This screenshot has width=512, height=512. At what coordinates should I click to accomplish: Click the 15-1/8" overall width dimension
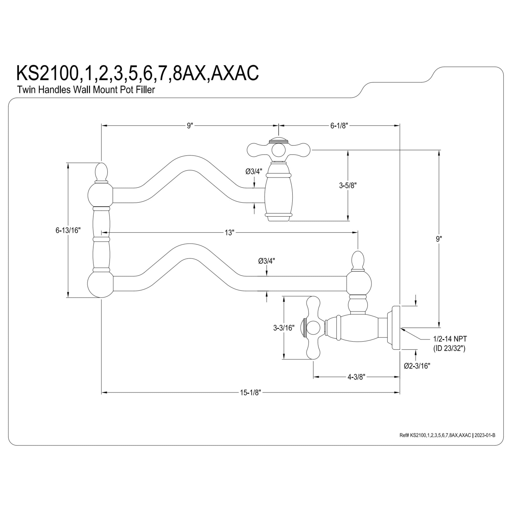[250, 393]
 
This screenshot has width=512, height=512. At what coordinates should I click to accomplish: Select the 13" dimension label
[229, 233]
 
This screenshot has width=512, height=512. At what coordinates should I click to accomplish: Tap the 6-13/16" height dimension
[68, 230]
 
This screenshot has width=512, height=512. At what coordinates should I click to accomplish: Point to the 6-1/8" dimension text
[339, 126]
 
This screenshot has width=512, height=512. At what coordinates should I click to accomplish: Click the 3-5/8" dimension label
[348, 186]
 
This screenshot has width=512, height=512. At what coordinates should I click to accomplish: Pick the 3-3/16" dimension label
[284, 328]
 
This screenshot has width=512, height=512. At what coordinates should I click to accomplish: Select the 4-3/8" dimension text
[356, 377]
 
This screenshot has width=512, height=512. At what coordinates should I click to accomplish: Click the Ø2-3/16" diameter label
[417, 366]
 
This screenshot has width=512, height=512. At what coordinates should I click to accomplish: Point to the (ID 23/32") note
[449, 348]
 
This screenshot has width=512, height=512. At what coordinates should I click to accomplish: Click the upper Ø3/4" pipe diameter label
[254, 172]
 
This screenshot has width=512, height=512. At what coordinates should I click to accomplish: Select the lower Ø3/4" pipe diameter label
[266, 261]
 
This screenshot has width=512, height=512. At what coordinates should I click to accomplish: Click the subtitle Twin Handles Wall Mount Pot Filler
[86, 90]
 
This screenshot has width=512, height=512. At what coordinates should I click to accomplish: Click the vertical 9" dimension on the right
[439, 239]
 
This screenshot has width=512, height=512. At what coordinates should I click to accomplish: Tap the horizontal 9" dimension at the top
[189, 126]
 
